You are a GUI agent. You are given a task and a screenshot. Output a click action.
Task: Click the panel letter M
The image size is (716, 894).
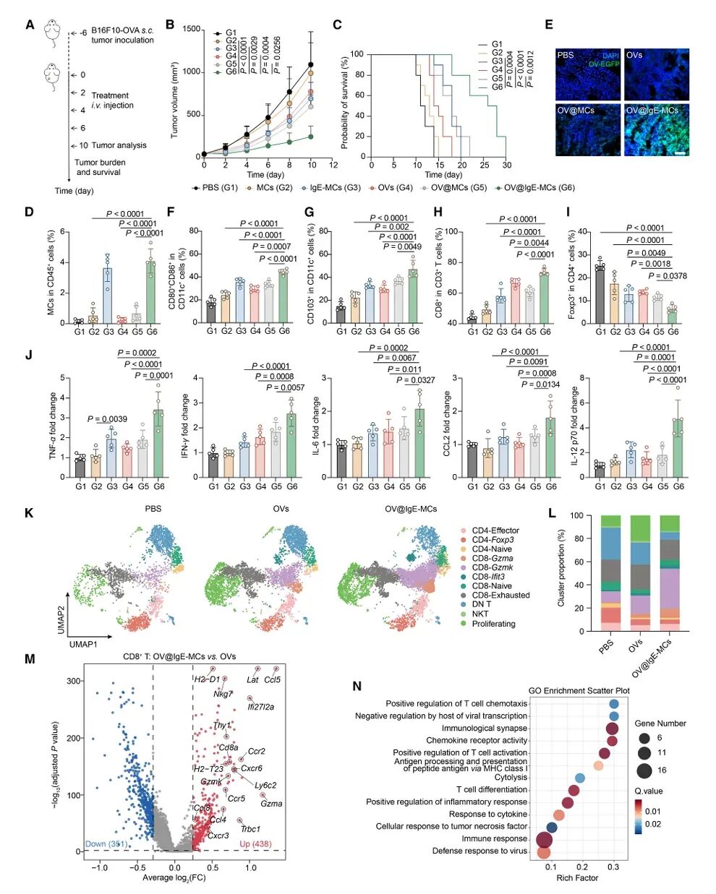(x=30, y=658)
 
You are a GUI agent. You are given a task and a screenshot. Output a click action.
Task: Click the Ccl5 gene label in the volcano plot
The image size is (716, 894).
(x=272, y=679)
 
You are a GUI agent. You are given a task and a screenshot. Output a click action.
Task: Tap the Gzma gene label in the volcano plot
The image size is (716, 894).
(x=271, y=803)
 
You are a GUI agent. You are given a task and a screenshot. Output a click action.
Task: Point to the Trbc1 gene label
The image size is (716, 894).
(x=250, y=829)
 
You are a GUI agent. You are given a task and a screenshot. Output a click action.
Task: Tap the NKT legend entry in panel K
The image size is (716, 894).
(x=481, y=614)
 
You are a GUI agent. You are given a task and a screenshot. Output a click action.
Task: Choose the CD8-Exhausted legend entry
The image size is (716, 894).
(x=500, y=596)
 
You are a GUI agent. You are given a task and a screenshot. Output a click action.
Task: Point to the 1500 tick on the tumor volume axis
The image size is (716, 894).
(x=191, y=29)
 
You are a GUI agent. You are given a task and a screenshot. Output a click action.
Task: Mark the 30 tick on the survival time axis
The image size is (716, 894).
(x=508, y=165)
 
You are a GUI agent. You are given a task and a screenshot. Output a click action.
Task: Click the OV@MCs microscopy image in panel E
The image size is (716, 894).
(x=587, y=130)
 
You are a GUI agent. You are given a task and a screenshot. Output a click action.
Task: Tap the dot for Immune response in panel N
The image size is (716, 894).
(x=543, y=839)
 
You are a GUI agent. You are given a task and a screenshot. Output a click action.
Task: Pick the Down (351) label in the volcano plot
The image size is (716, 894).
(x=106, y=844)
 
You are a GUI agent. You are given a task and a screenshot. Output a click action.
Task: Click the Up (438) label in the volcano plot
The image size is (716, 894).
(x=255, y=844)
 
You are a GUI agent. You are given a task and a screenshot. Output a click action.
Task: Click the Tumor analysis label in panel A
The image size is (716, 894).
(x=119, y=145)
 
